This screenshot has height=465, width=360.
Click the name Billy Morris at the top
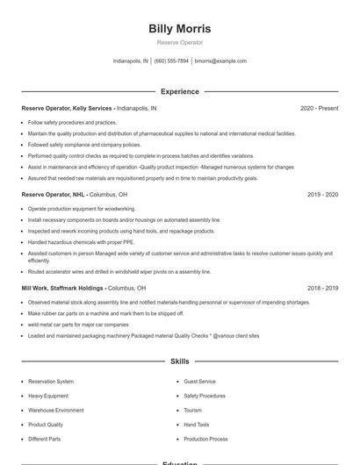(180, 29)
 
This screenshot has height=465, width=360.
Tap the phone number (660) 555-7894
(171, 61)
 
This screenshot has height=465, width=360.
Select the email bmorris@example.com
(220, 61)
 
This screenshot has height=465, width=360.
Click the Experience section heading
(180, 91)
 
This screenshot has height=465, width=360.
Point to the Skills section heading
(180, 361)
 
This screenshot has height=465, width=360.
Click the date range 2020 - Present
(319, 109)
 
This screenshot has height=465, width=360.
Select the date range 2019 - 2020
(322, 195)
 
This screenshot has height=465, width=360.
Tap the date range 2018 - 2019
(322, 288)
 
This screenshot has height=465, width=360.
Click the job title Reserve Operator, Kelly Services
(68, 109)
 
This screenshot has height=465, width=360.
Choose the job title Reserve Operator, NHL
(52, 195)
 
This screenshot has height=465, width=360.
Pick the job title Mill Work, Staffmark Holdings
(62, 288)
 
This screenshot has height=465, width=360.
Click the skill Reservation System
(51, 382)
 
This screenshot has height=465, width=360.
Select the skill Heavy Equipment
(49, 396)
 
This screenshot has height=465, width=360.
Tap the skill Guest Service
(199, 382)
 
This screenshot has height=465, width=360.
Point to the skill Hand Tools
(197, 425)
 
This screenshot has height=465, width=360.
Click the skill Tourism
(192, 410)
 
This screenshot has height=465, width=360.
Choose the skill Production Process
(205, 439)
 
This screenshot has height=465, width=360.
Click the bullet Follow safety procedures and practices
(72, 123)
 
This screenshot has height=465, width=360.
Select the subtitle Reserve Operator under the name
(180, 42)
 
